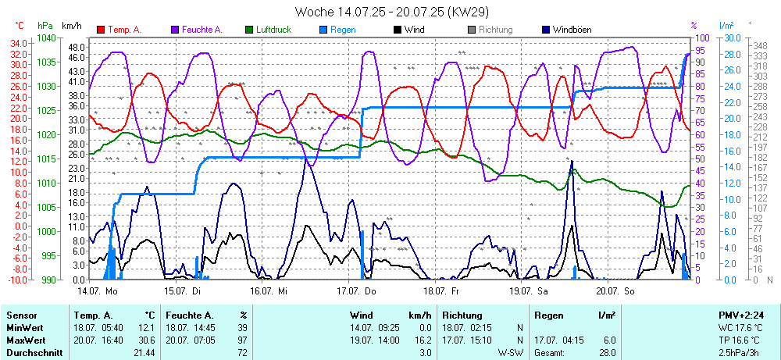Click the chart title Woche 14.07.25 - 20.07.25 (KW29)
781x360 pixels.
[391, 12]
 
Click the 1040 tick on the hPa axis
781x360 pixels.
[46, 37]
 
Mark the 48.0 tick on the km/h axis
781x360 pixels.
[76, 47]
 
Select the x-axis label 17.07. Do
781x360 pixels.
[357, 290]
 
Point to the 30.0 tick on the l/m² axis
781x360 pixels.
[732, 37]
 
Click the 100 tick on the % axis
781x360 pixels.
[701, 37]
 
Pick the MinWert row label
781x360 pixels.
[24, 328]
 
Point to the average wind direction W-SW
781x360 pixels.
[510, 353]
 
